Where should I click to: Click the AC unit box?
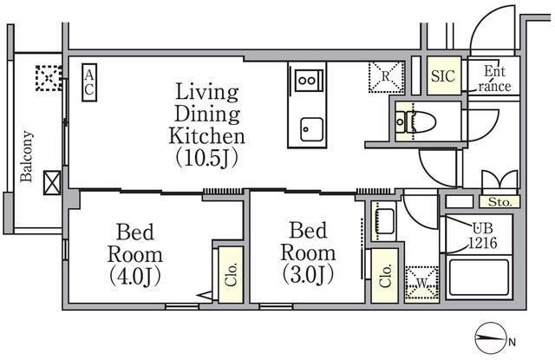(89, 82)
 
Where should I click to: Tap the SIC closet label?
(443, 75)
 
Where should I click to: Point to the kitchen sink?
(312, 129)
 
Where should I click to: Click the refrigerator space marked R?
(386, 77)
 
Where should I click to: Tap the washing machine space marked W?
(421, 284)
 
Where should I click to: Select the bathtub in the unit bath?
(479, 278)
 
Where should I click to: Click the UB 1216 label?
(483, 235)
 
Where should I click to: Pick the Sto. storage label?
(499, 202)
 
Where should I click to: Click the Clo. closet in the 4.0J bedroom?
(231, 275)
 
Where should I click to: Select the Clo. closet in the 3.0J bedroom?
(385, 276)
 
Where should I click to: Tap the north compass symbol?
(491, 338)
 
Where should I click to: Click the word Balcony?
(26, 156)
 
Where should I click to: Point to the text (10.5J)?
(207, 158)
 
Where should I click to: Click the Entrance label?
(494, 79)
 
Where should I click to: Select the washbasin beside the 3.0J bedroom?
(384, 221)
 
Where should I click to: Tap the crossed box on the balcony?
(52, 183)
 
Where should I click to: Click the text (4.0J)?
(135, 277)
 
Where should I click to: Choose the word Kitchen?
(206, 136)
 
